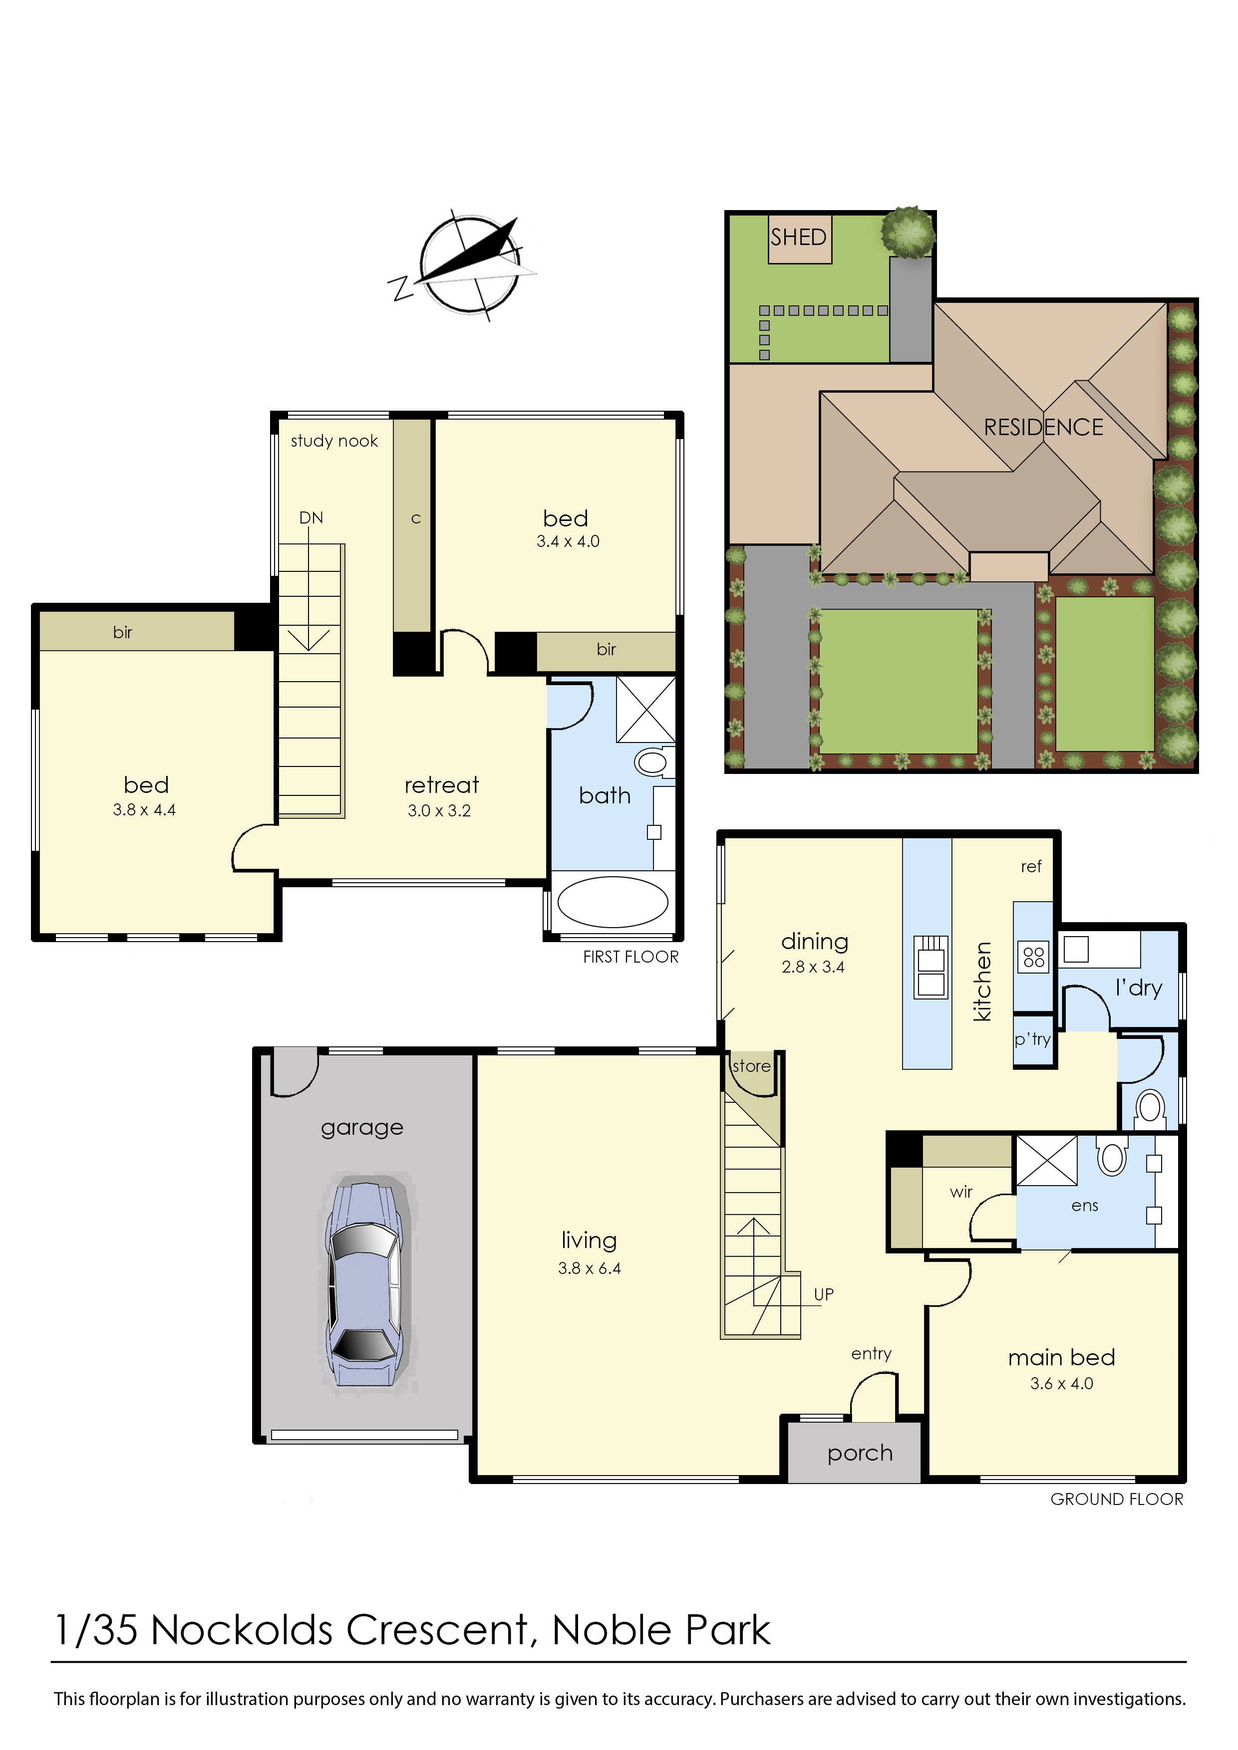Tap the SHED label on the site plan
pyautogui.click(x=798, y=237)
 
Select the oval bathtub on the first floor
pyautogui.click(x=613, y=902)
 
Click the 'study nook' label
pyautogui.click(x=334, y=441)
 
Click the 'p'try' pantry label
pyautogui.click(x=1032, y=1039)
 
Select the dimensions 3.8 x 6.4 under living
pyautogui.click(x=589, y=1268)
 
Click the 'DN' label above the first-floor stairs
pyautogui.click(x=311, y=517)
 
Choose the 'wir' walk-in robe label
pyautogui.click(x=961, y=1191)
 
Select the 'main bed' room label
pyautogui.click(x=1062, y=1357)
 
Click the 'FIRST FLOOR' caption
pyautogui.click(x=630, y=957)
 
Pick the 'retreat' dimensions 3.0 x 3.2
pyautogui.click(x=439, y=810)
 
